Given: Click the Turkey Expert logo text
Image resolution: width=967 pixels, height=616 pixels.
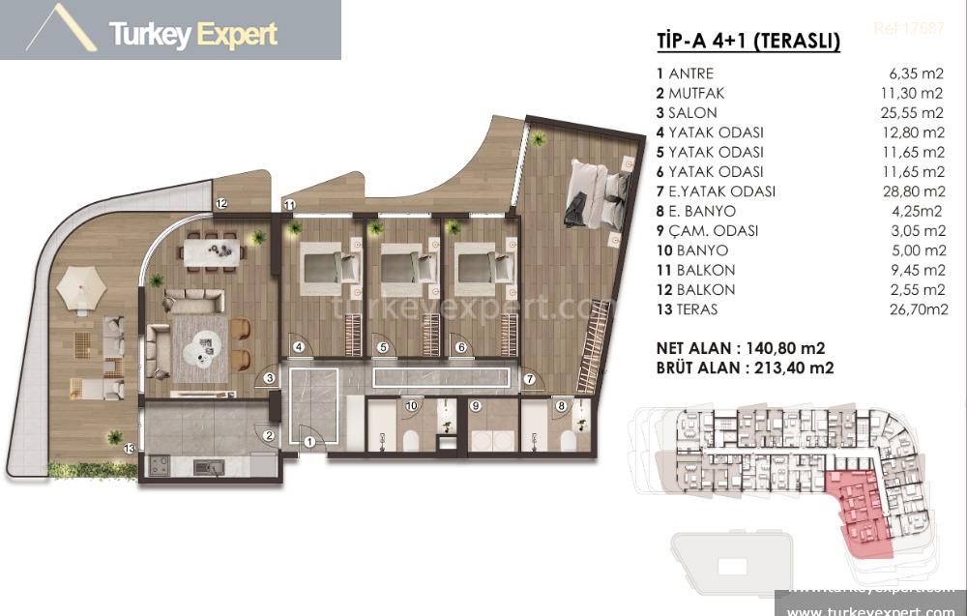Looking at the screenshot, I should point(193,35).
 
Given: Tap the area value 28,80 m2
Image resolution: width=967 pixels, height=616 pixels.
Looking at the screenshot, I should point(913,191).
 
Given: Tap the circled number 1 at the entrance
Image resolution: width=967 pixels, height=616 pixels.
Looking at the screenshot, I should point(308,442).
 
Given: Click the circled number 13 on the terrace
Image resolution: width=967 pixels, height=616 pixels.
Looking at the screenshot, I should point(129,447).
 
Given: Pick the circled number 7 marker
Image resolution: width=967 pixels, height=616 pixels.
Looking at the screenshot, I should point(530,380).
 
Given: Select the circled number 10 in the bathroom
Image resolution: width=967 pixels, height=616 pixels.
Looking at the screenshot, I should point(411,406).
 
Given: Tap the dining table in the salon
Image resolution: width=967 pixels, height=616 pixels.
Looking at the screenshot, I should point(213,250).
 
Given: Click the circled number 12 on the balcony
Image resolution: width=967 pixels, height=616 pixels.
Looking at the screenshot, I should point(221,203).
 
